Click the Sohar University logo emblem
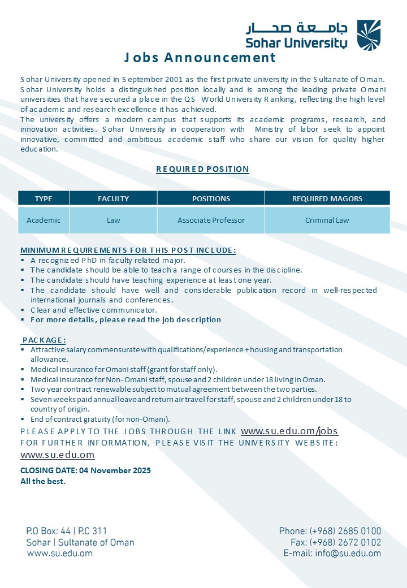[x=369, y=35]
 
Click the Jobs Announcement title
[x=200, y=58]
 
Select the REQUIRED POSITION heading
[x=202, y=169]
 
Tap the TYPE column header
[x=44, y=198]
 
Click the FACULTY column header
[x=113, y=198]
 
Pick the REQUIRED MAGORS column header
[x=327, y=198]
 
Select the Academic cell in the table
[x=44, y=220]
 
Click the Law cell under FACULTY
[x=113, y=220]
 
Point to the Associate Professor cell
[x=211, y=220]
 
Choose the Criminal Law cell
[x=327, y=220]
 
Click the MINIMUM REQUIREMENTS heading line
[x=128, y=250]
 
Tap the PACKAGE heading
[x=44, y=340]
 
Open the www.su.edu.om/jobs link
[x=289, y=431]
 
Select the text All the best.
[x=43, y=481]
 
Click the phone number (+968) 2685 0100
[x=345, y=531]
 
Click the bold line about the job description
[x=125, y=319]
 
